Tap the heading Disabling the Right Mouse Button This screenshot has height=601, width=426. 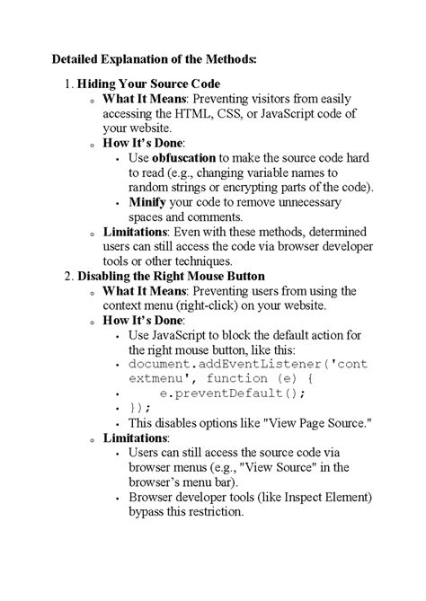coord(171,276)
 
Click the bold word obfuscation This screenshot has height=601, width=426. coord(184,157)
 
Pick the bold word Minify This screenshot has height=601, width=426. coord(148,202)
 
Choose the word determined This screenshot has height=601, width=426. coord(336,232)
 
